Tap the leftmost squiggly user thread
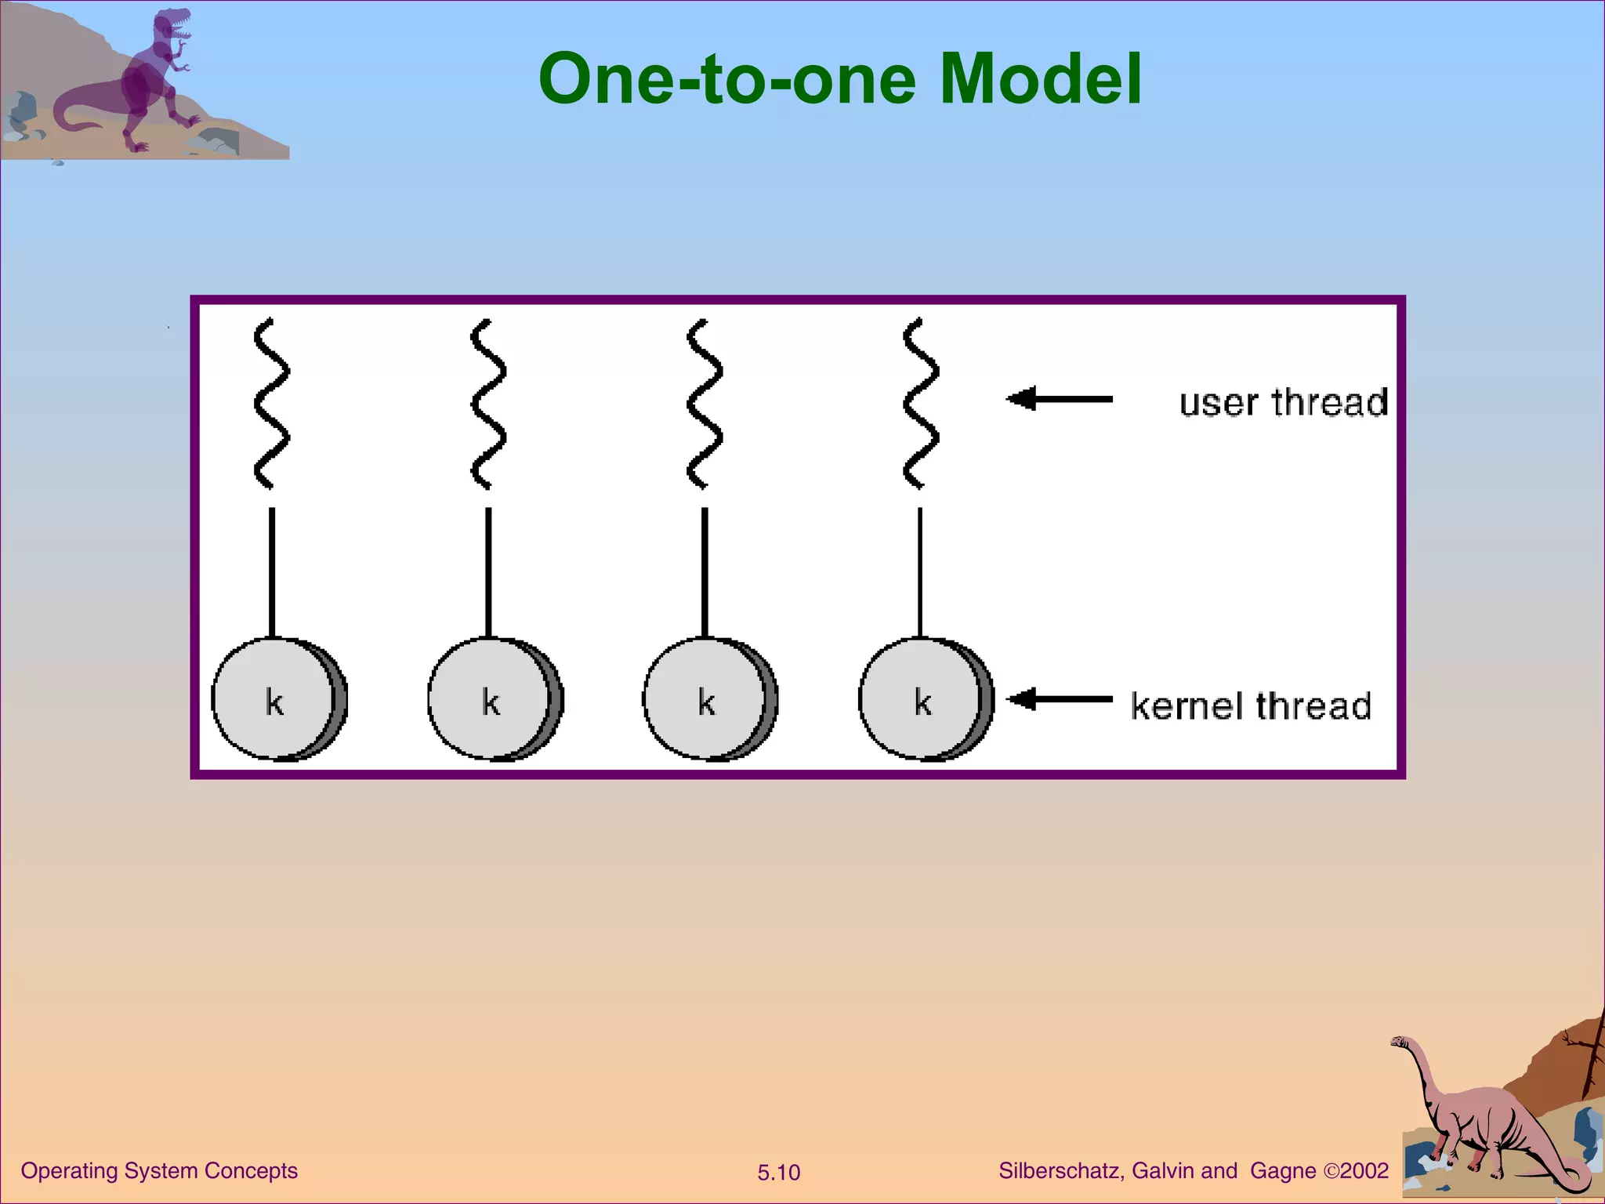click(271, 404)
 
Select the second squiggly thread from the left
click(487, 404)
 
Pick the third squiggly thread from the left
click(704, 404)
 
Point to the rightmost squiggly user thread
click(920, 404)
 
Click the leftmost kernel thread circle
click(276, 699)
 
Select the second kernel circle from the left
click(492, 699)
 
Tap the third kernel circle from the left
click(708, 699)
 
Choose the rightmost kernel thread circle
click(923, 699)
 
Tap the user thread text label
click(1283, 403)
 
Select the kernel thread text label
click(1251, 705)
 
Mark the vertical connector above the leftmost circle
click(272, 572)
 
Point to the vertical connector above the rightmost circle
click(920, 572)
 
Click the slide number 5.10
click(778, 1173)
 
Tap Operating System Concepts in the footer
click(159, 1170)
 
